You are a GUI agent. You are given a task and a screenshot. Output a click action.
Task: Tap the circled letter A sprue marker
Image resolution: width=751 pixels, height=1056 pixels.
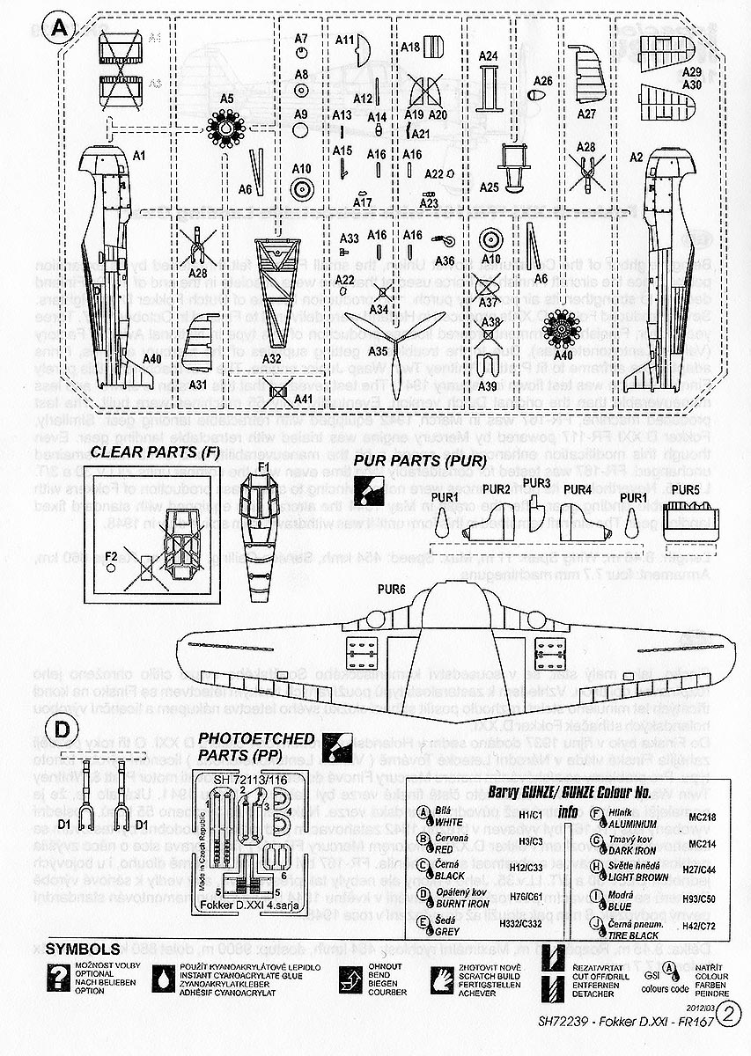point(58,27)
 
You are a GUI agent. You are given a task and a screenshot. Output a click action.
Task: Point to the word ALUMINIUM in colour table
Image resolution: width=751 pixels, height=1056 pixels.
point(632,825)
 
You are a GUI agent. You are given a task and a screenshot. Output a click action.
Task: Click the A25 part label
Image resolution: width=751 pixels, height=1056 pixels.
point(490,187)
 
